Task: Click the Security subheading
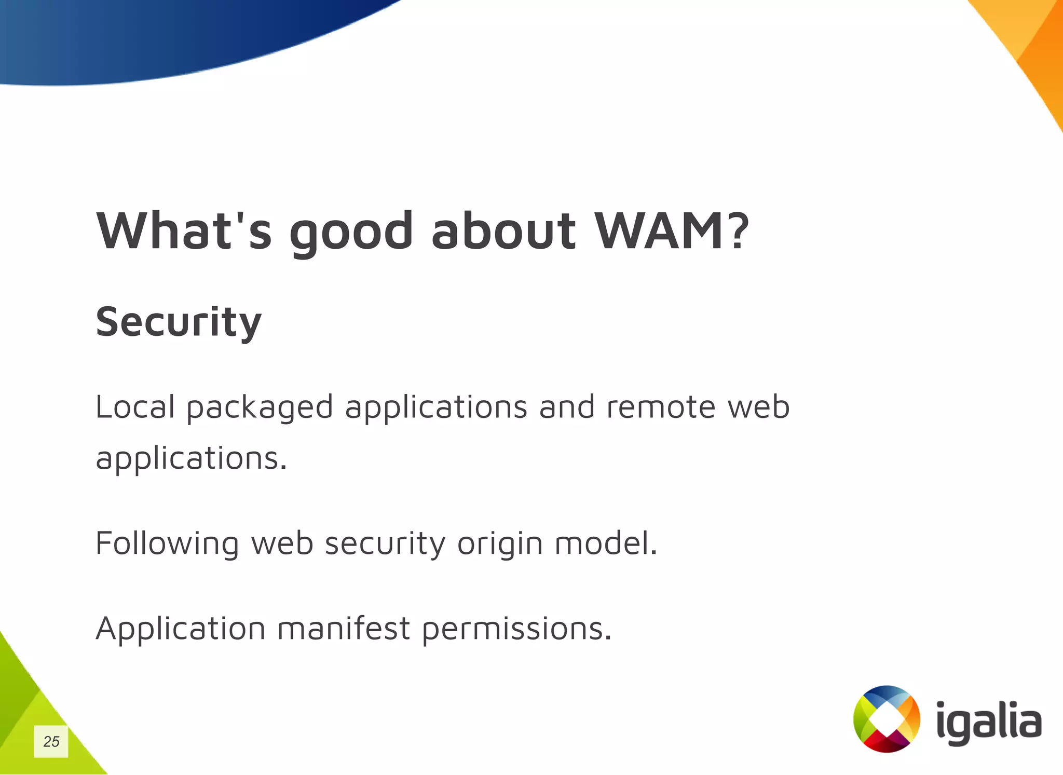click(x=179, y=322)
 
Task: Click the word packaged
click(x=260, y=408)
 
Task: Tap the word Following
click(x=167, y=544)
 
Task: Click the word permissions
click(x=517, y=630)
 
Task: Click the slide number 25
click(x=51, y=741)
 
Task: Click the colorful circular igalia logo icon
click(x=887, y=719)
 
